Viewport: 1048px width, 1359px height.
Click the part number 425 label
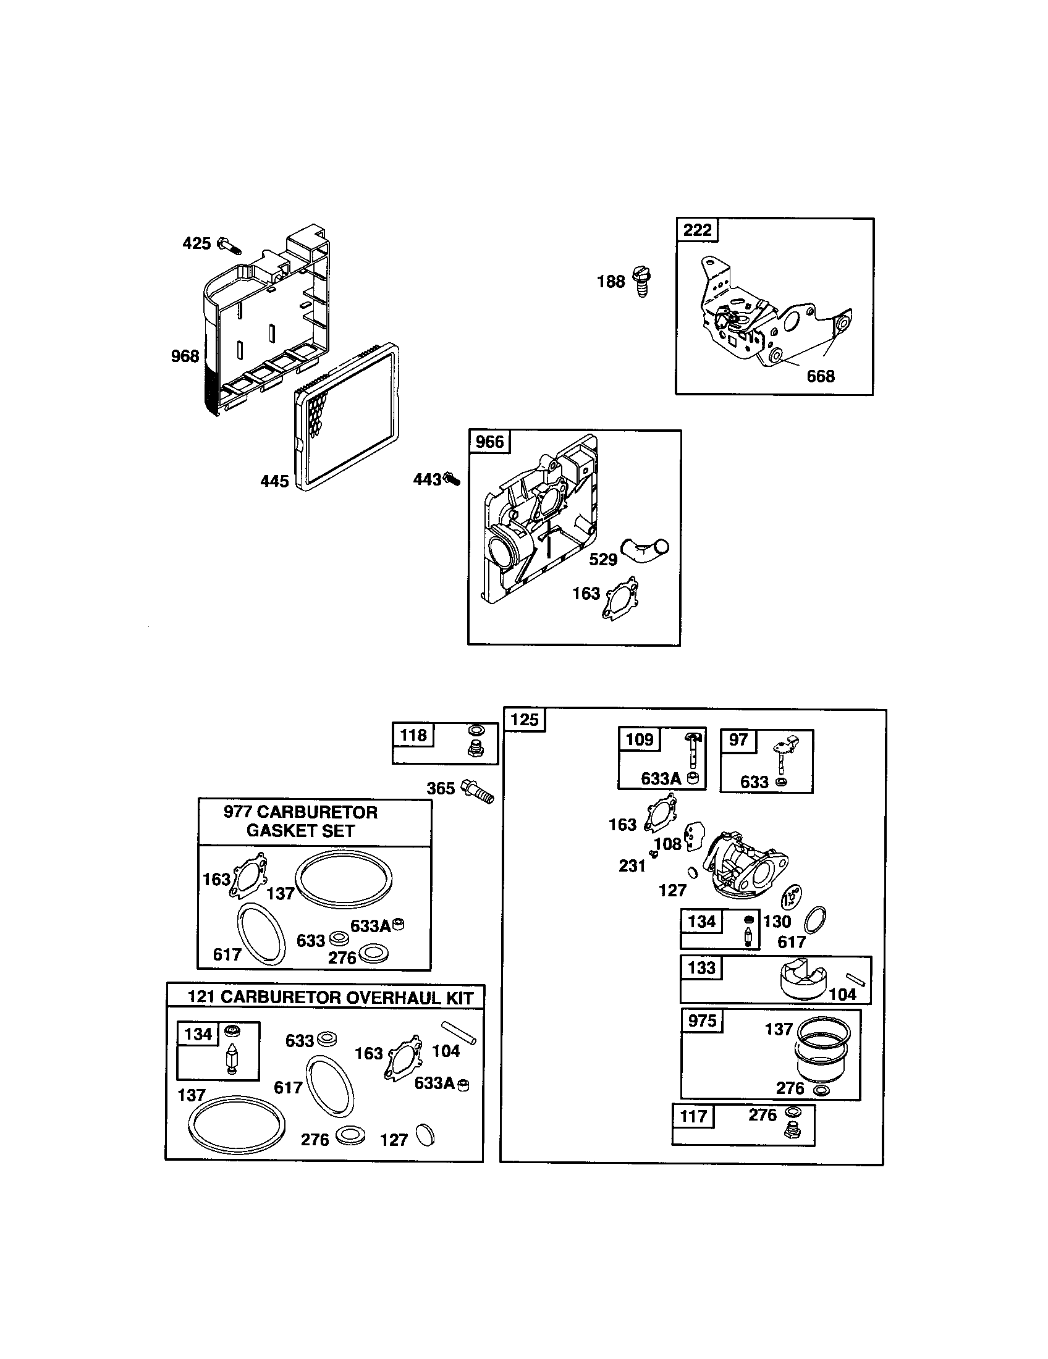tap(196, 243)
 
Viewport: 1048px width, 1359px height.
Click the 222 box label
tap(697, 230)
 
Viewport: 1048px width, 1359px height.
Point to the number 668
tap(820, 376)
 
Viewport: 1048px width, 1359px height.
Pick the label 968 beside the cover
tap(185, 356)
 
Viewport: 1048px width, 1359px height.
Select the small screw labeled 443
tap(452, 479)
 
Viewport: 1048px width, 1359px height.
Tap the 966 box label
tap(489, 442)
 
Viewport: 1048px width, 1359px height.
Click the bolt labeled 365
tap(478, 791)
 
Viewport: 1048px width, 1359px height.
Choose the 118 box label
tap(413, 735)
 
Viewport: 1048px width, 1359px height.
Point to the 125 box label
tap(524, 720)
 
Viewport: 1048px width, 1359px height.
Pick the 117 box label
tap(693, 1116)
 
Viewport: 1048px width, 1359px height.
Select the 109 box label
tap(639, 739)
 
